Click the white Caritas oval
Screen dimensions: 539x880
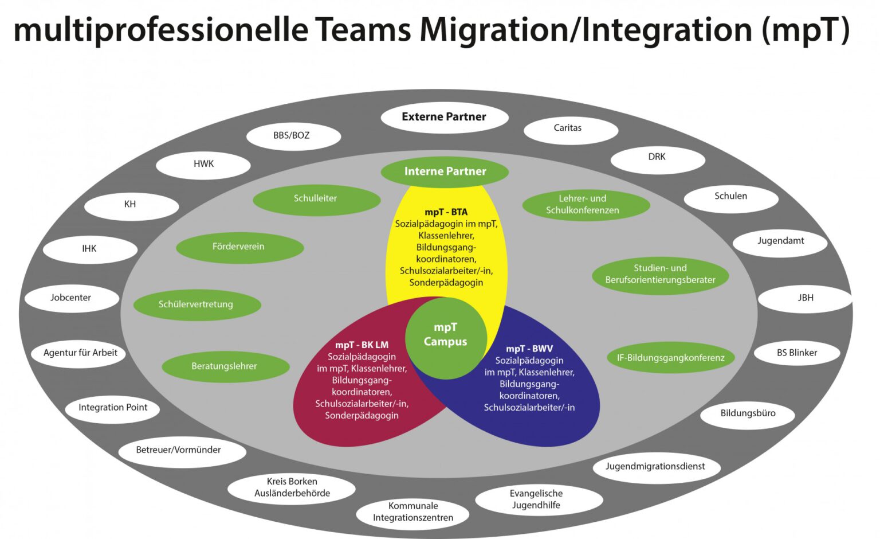(x=570, y=128)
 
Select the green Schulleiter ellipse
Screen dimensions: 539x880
(x=316, y=198)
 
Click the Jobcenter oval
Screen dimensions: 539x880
(x=71, y=298)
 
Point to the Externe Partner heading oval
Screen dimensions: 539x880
(x=444, y=117)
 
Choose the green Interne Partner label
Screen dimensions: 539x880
(x=445, y=171)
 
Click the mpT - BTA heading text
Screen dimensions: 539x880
(x=446, y=212)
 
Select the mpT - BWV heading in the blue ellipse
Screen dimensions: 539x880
(x=529, y=349)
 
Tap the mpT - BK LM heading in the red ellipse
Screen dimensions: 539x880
(x=362, y=345)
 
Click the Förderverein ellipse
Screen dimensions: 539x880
(x=239, y=247)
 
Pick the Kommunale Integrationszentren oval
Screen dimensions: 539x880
(x=412, y=512)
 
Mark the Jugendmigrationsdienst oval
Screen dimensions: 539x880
(x=655, y=467)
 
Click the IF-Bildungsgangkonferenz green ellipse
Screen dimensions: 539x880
(x=670, y=358)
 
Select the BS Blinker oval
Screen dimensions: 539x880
(x=796, y=353)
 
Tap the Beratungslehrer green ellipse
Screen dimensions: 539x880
(x=225, y=366)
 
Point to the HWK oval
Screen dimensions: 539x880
(x=203, y=164)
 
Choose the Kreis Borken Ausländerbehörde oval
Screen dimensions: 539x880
(x=292, y=487)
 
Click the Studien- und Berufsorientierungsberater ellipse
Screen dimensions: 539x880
(x=660, y=274)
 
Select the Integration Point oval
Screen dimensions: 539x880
(x=113, y=408)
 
